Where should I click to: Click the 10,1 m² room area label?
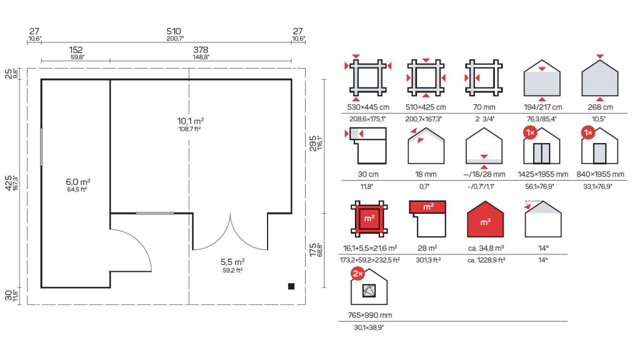190,121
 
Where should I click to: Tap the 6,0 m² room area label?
78,182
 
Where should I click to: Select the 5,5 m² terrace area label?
232,262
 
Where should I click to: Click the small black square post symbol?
291,286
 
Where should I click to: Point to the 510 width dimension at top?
174,31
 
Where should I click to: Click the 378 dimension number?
201,49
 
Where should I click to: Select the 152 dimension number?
76,49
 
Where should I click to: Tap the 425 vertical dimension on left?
9,183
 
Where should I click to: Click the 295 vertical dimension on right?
312,143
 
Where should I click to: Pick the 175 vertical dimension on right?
312,250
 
